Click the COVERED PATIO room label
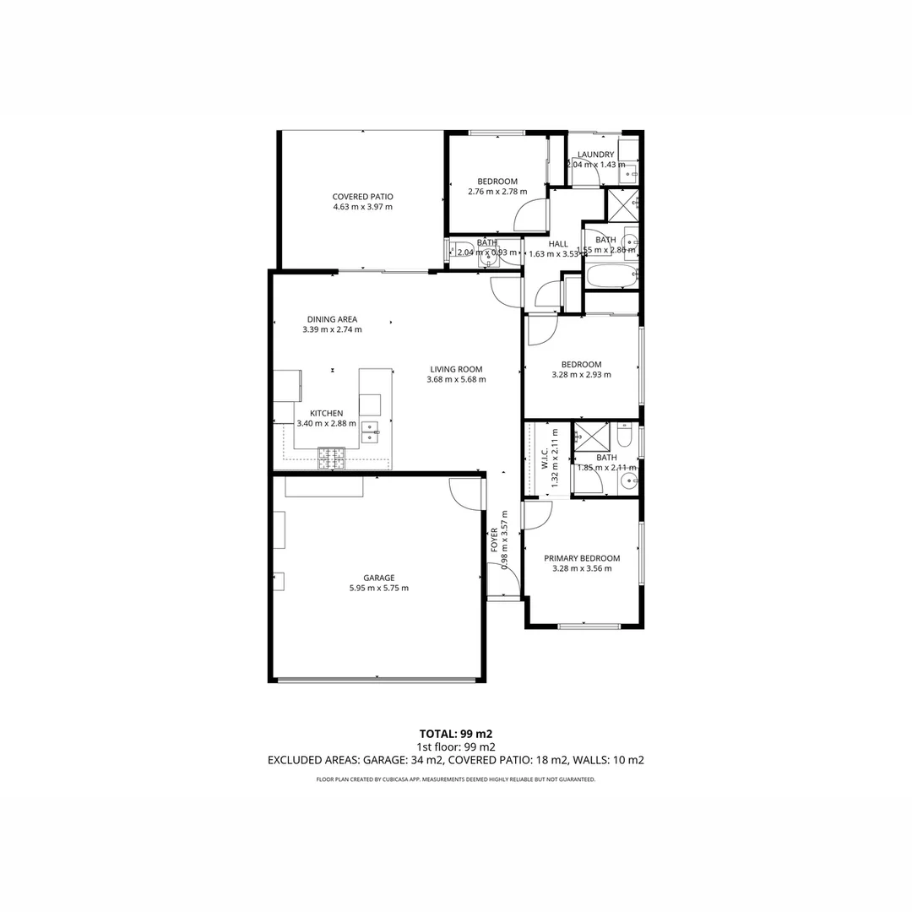point(362,197)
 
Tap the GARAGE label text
point(378,578)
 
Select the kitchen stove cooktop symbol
point(331,458)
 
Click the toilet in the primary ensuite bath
point(624,436)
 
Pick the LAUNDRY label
point(595,155)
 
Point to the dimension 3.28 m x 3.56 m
point(582,568)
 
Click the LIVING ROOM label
point(456,369)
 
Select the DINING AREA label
point(332,319)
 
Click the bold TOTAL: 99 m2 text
point(456,733)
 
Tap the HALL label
point(558,244)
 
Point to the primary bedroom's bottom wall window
point(589,626)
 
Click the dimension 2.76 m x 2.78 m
point(497,192)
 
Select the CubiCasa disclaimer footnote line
point(456,779)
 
